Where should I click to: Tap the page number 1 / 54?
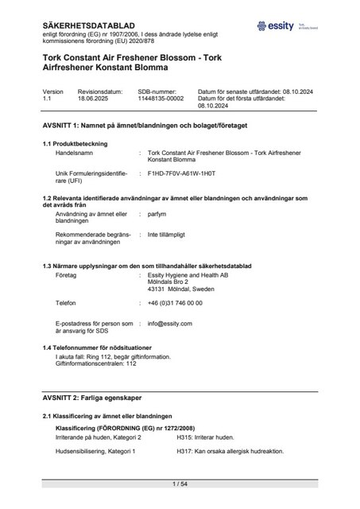pyautogui.click(x=180, y=484)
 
